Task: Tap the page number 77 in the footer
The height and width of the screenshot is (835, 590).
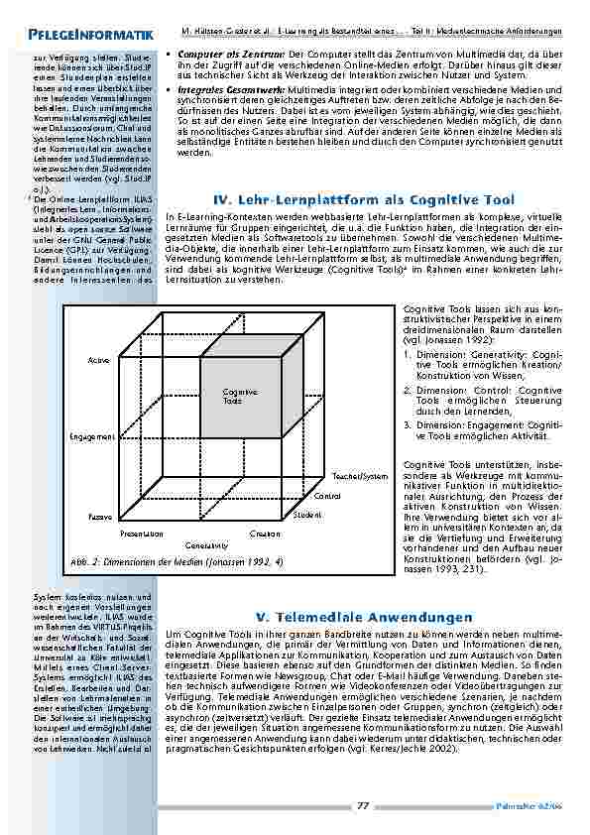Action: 363,806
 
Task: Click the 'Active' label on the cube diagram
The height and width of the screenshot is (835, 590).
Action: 97,359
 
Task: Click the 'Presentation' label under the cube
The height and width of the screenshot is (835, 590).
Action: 141,534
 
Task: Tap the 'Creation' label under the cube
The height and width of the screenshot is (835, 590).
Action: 266,534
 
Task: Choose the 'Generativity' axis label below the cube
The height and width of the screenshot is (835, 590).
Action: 206,546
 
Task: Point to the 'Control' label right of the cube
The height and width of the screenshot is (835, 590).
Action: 327,495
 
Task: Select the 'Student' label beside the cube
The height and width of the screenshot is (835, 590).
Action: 307,515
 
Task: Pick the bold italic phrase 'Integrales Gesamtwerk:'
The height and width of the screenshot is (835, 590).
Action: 223,89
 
